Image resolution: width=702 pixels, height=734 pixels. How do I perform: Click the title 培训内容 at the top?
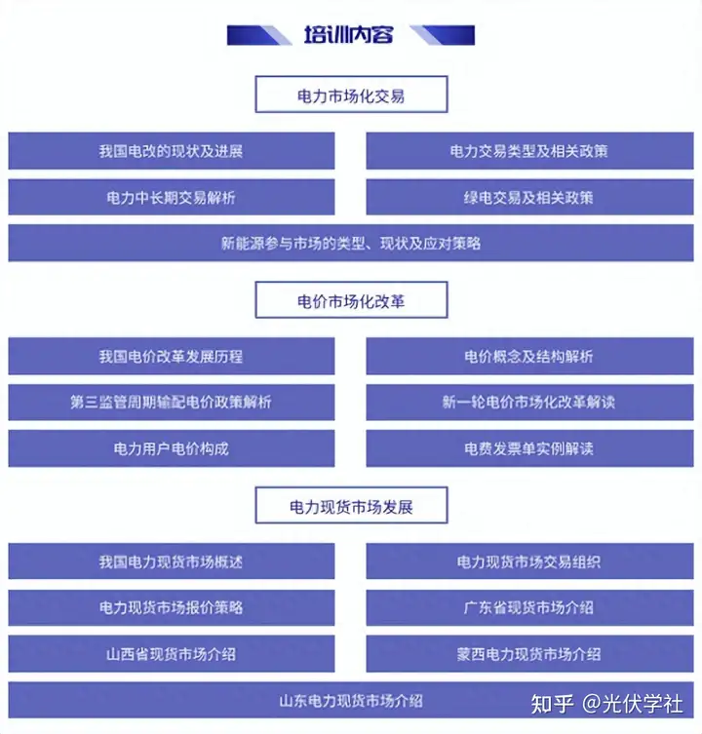coord(348,35)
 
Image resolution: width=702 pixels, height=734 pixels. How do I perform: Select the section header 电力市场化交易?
coord(351,95)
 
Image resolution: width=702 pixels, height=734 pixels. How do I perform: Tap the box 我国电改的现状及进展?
coord(172,151)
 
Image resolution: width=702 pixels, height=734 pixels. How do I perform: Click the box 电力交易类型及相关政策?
coord(529,151)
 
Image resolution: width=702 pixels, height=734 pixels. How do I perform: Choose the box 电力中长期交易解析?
coord(172,197)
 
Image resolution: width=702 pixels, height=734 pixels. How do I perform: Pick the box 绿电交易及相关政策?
coord(529,197)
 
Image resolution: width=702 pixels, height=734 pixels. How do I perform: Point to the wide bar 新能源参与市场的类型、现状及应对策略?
coord(351,243)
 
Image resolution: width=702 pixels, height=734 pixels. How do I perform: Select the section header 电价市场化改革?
coord(351,300)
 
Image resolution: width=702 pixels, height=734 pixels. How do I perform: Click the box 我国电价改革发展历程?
coord(172,356)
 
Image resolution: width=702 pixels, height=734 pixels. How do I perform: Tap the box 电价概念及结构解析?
coord(529,356)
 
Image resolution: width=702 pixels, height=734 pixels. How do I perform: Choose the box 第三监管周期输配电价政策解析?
coord(172,403)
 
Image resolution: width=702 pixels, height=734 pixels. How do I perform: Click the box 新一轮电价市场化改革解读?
coord(529,403)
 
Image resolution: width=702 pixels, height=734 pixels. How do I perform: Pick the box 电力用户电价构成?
coord(172,448)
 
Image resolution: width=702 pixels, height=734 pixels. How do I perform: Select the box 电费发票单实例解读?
coord(529,448)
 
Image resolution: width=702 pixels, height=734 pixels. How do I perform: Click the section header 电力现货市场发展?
coord(351,506)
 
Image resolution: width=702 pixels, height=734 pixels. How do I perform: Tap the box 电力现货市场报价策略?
coord(172,607)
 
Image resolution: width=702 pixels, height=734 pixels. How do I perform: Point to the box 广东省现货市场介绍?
coord(529,607)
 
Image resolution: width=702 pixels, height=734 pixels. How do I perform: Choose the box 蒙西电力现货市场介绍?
coord(529,653)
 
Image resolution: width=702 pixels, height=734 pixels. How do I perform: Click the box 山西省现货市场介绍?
coord(172,653)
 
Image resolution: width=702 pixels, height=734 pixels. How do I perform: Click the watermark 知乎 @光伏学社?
coord(606,704)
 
